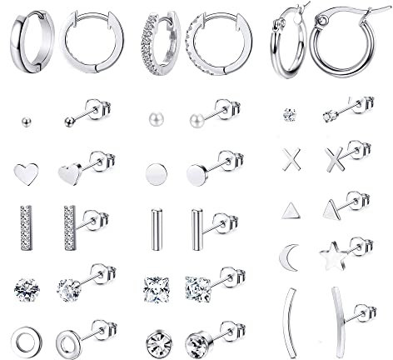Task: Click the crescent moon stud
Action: coord(287,251)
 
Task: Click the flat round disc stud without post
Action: coord(153,175)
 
